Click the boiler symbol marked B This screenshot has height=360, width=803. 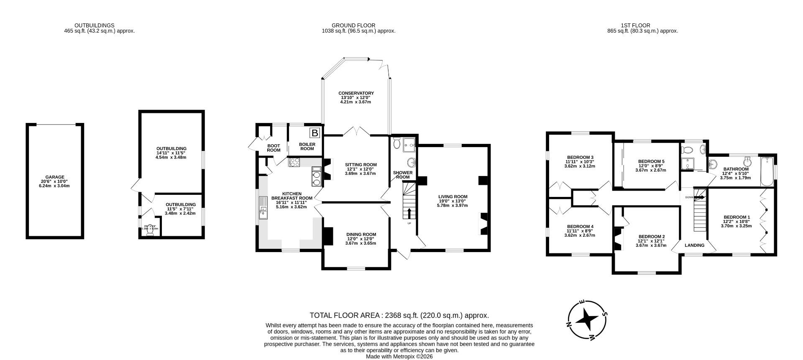point(315,133)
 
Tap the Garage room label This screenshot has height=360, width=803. point(55,177)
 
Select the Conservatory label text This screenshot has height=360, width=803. point(356,93)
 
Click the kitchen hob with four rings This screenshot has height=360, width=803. point(294,162)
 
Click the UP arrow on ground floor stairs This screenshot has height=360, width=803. point(409,213)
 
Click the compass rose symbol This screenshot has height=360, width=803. point(588,319)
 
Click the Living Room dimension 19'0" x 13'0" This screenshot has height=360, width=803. point(453,201)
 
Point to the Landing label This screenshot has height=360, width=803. point(694,245)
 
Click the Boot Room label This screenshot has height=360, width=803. point(274,148)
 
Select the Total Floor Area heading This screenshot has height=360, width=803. point(399,315)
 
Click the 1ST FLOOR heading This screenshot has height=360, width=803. point(642,26)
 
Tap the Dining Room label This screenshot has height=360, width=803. point(361,235)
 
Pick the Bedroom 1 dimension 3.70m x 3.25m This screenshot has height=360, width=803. point(736,226)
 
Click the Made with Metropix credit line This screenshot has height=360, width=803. point(399,357)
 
